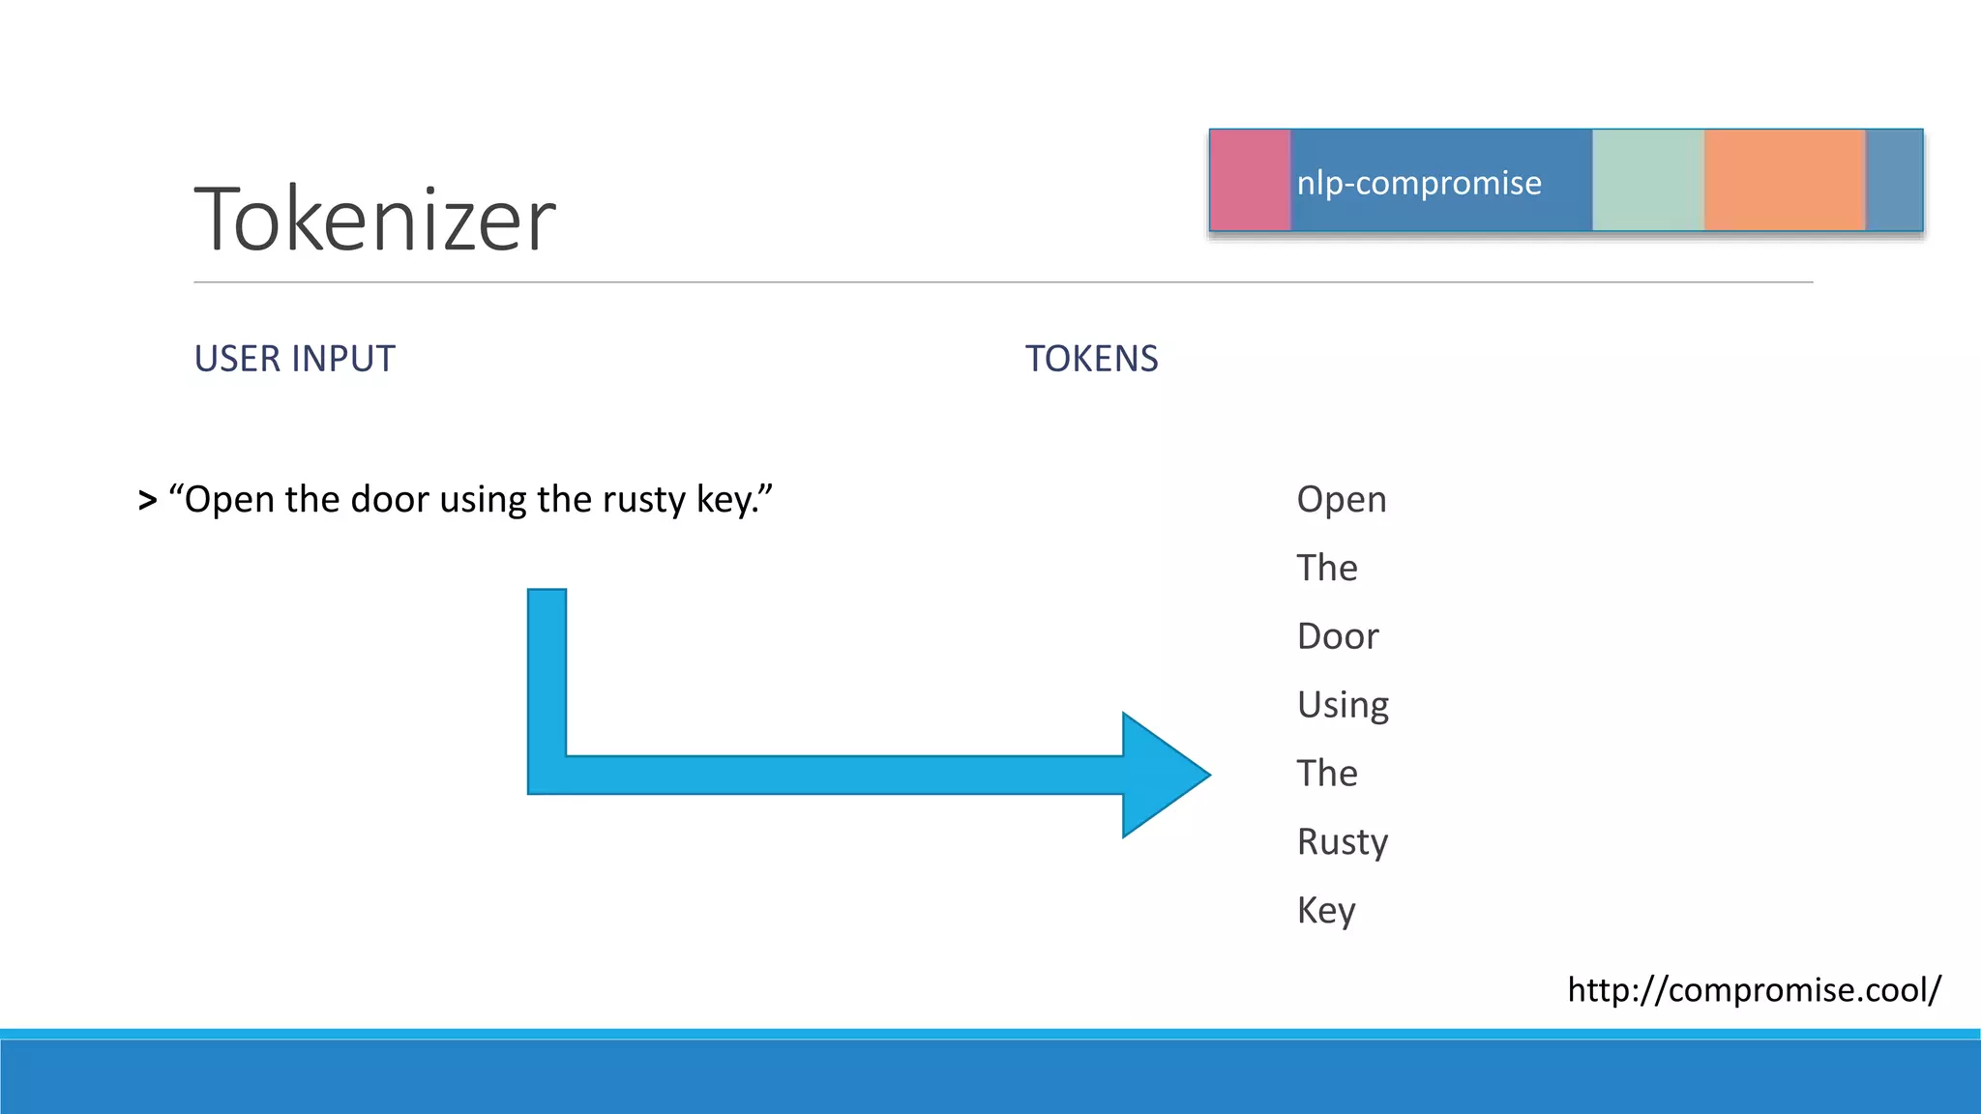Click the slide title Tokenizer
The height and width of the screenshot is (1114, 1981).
375,220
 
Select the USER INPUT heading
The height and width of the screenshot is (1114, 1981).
294,359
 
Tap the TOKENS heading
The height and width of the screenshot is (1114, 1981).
1091,359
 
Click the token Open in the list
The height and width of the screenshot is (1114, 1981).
1341,500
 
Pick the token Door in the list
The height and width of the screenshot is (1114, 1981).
1337,636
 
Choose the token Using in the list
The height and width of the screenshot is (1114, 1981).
1343,705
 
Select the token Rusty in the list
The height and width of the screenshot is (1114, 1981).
1342,842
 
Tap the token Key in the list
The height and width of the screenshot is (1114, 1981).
1325,911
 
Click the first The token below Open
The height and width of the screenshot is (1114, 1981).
1326,568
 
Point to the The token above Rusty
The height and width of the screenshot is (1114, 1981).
1326,774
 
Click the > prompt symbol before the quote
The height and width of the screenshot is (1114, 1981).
147,501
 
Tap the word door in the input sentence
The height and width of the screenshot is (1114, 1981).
389,500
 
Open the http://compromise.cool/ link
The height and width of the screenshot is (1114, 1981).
1754,989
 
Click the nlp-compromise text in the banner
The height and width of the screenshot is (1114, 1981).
1418,183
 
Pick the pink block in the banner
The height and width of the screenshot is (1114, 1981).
1250,180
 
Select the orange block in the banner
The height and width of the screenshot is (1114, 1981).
1784,180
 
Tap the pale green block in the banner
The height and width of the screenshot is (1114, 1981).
1647,180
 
